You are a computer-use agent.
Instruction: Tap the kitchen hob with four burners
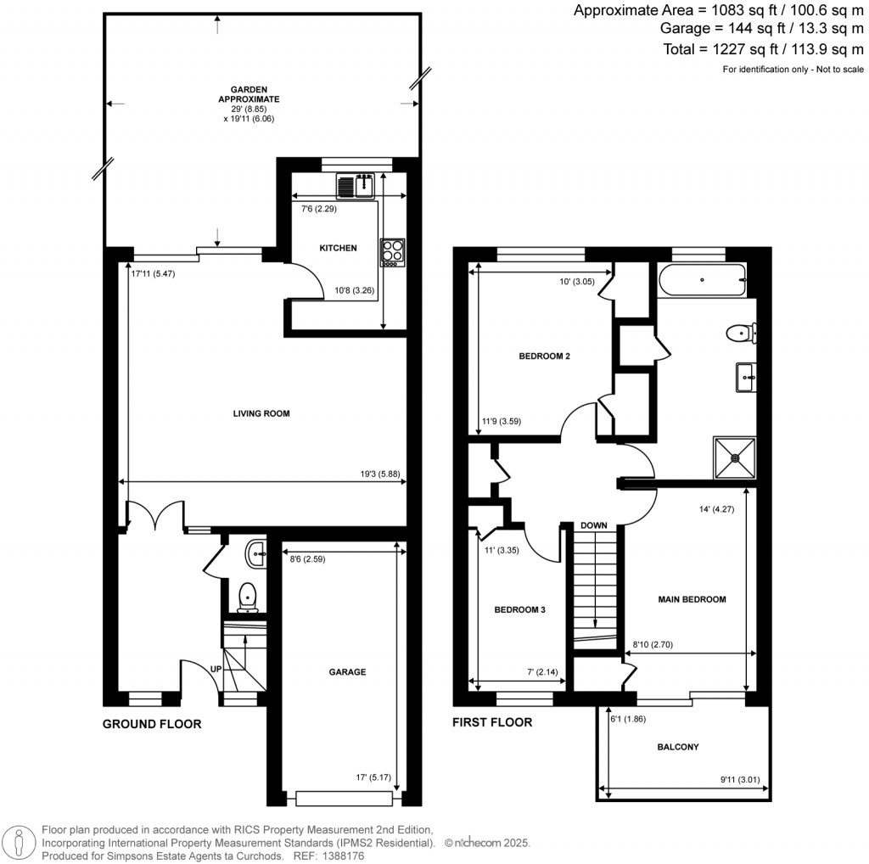[x=392, y=253]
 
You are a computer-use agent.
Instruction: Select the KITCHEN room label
[x=338, y=248]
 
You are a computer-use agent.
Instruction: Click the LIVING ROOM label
[x=261, y=414]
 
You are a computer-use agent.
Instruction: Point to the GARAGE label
[x=347, y=671]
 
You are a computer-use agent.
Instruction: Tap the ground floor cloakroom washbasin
[x=254, y=555]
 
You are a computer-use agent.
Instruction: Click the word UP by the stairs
[x=216, y=669]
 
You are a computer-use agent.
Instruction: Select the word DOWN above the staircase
[x=594, y=525]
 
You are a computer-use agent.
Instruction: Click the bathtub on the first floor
[x=701, y=279]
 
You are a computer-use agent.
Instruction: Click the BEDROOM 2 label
[x=544, y=356]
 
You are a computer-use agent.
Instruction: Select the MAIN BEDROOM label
[x=692, y=599]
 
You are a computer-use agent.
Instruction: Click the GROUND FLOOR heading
[x=152, y=724]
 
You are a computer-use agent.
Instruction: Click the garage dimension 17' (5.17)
[x=374, y=776]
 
